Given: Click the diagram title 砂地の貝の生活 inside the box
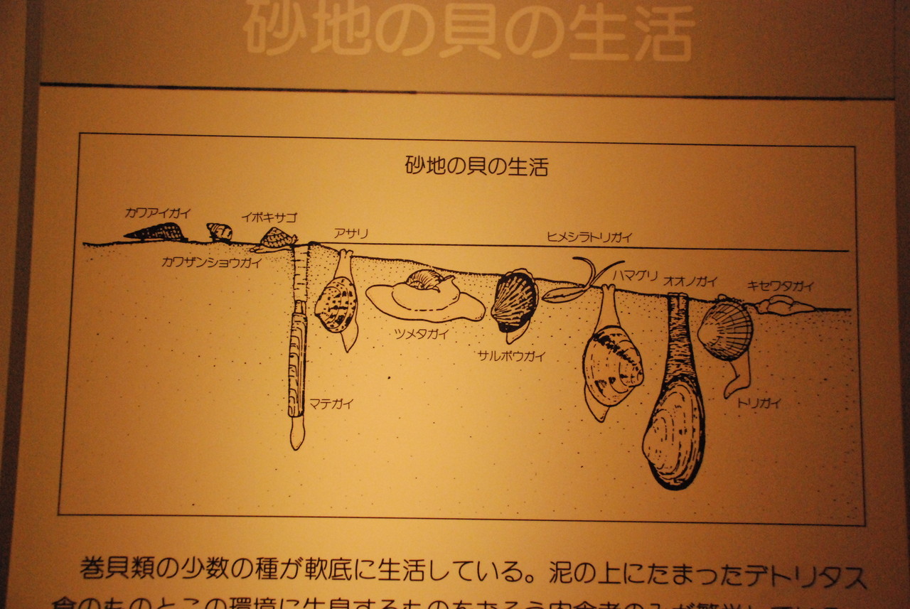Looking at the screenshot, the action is coord(476,166).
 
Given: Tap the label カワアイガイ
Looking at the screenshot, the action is coord(157,212).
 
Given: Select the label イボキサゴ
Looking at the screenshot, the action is coord(269,217).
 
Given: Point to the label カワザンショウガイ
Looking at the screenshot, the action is coord(212,262).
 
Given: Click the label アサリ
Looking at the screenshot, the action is coord(350,233).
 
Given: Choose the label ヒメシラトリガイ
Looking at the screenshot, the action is coord(589,237).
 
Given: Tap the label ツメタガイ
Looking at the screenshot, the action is coord(422,334).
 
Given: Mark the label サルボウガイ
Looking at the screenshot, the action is coord(512,357).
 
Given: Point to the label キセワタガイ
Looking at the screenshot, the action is coord(780,286).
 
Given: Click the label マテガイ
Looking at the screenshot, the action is coord(331,404).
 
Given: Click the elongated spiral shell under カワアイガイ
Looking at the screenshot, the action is coord(154,232).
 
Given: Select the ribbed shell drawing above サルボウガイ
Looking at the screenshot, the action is coord(514,301).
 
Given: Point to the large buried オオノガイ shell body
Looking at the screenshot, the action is coord(674,433).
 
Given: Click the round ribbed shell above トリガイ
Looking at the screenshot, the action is coord(725,328).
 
